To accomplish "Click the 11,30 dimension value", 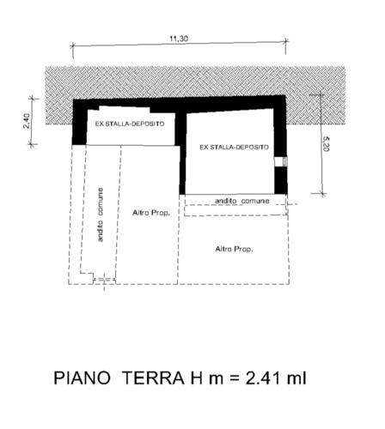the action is pyautogui.click(x=179, y=39).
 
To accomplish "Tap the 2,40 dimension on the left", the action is pyautogui.click(x=27, y=121).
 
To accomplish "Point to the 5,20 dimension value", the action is pyautogui.click(x=327, y=144).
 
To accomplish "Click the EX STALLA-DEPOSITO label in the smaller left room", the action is pyautogui.click(x=130, y=124).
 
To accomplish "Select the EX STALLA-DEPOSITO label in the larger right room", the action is pyautogui.click(x=234, y=148).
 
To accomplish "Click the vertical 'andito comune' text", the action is pyautogui.click(x=100, y=214).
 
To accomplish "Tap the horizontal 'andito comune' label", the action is pyautogui.click(x=242, y=201).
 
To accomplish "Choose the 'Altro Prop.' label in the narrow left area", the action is pyautogui.click(x=151, y=213).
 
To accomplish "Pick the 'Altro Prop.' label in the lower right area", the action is pyautogui.click(x=235, y=249).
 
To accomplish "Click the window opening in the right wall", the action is pyautogui.click(x=281, y=161).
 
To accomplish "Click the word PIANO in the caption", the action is pyautogui.click(x=82, y=378).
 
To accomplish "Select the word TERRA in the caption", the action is pyautogui.click(x=153, y=378).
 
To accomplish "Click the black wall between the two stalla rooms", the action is pyautogui.click(x=181, y=153).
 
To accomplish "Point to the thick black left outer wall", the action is pyautogui.click(x=79, y=123).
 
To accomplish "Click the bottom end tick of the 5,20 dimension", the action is pyautogui.click(x=322, y=194).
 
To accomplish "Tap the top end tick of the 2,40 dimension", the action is pyautogui.click(x=34, y=99).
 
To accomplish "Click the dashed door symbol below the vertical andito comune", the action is pyautogui.click(x=104, y=281).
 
